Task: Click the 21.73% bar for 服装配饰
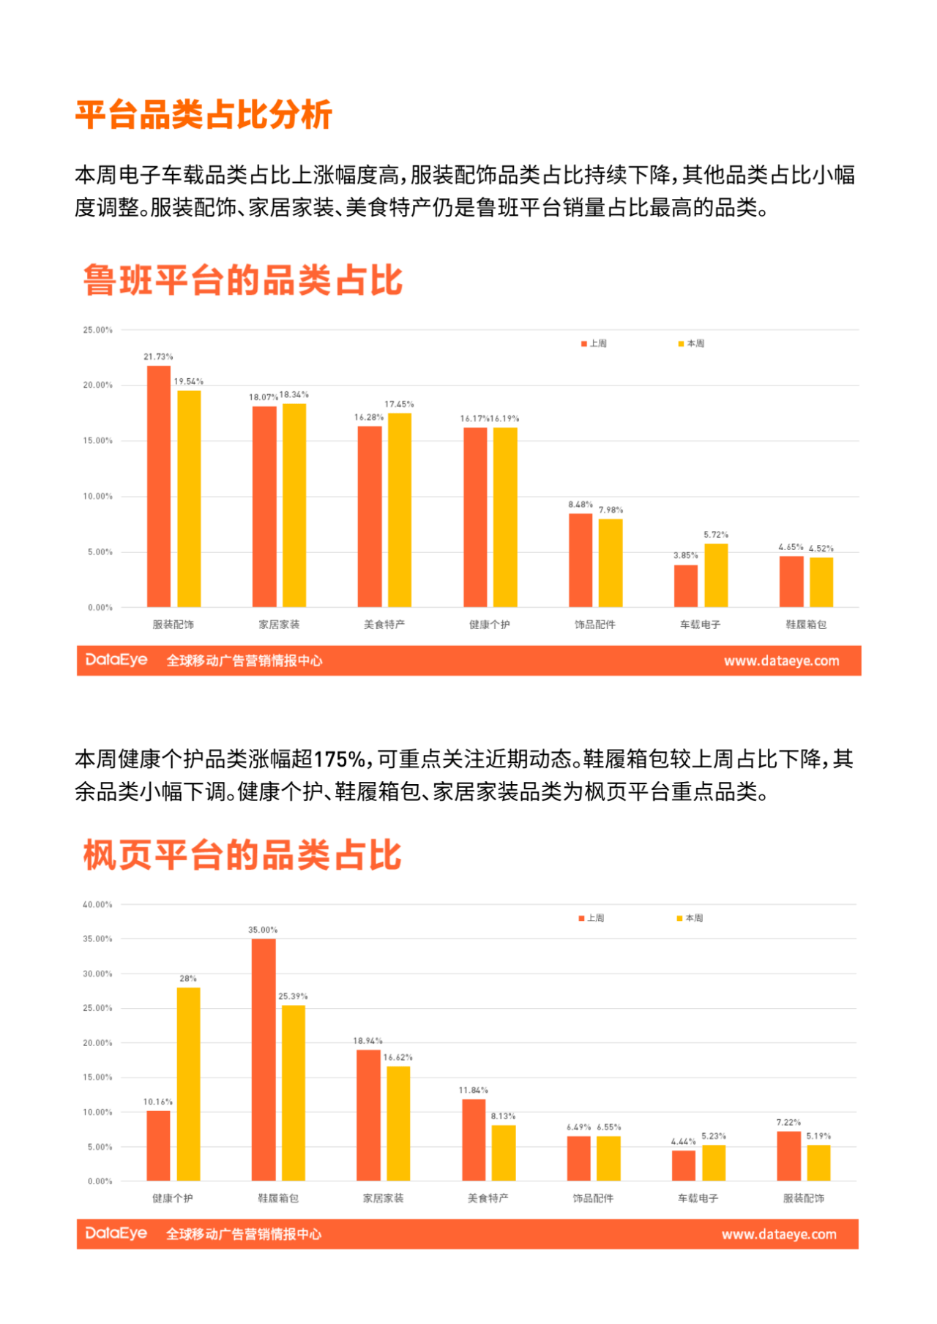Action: coord(159,486)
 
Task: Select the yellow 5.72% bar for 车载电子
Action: coord(716,576)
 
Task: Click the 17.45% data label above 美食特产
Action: coord(399,404)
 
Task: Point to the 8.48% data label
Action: coord(581,505)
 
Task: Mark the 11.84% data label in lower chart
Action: coord(473,1090)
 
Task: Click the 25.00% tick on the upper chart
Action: coord(98,330)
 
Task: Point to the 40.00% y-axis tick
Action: coord(98,904)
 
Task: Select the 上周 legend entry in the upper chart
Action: coord(594,343)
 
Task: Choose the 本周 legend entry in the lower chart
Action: coord(690,917)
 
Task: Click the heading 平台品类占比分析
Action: coord(204,115)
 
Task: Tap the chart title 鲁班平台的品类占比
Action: coord(243,280)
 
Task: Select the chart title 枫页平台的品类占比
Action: coord(243,855)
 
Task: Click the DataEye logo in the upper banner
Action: coord(116,660)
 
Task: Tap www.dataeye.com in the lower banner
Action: coord(779,1235)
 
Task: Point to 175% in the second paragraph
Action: coord(340,759)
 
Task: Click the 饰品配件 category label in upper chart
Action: coord(595,625)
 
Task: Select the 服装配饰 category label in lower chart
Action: coord(804,1198)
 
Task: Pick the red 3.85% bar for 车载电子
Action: coord(686,586)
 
